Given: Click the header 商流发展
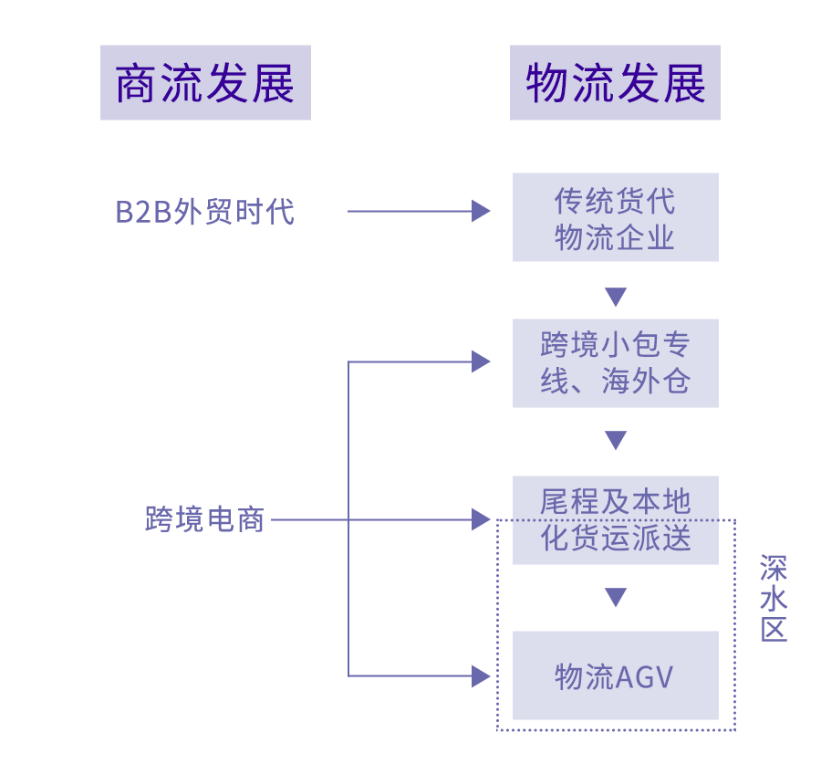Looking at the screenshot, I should [x=205, y=83].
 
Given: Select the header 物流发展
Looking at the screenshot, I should [x=615, y=83].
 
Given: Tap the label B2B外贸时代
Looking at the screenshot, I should [x=205, y=212].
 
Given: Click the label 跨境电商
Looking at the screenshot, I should [x=205, y=519].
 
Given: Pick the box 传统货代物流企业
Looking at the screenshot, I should [x=615, y=218].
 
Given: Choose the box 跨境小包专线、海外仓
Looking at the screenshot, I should [x=615, y=363].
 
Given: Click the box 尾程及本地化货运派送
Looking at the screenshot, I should [x=615, y=519].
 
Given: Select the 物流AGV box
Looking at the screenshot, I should [x=615, y=675].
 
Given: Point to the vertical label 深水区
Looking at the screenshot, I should [x=774, y=598].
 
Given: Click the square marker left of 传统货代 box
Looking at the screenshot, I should [x=482, y=211].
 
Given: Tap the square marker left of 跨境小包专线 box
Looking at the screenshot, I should [x=482, y=361].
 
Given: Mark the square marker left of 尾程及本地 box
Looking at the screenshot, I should [x=482, y=519].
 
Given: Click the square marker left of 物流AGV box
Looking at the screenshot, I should [x=482, y=676].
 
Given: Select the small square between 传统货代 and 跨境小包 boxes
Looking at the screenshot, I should [x=616, y=298].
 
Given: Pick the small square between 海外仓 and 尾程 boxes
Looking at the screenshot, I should [x=616, y=441].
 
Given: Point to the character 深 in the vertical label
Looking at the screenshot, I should [x=774, y=567].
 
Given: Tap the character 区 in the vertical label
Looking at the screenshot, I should [x=774, y=629].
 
